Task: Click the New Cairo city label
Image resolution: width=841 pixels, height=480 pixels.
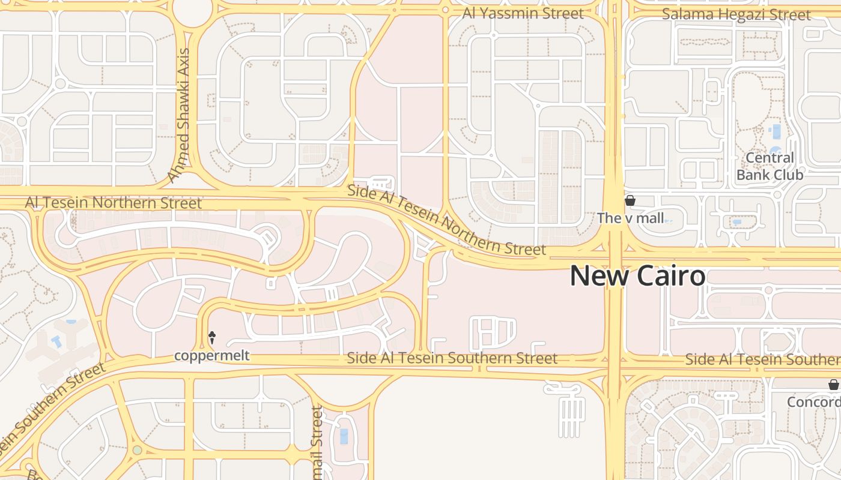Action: [x=637, y=276]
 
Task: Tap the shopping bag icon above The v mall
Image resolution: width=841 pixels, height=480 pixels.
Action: [x=630, y=200]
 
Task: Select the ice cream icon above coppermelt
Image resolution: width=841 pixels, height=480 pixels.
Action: [x=211, y=338]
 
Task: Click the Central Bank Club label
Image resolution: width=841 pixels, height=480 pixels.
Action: [x=770, y=166]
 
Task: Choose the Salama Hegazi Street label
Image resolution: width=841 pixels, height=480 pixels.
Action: [x=736, y=14]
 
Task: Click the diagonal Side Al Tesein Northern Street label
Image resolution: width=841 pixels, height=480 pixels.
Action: [x=446, y=221]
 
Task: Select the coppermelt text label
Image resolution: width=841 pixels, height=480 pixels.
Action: [x=211, y=356]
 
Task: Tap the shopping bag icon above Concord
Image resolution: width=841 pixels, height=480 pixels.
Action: [x=833, y=385]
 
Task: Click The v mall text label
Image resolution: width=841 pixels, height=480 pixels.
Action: [x=630, y=218]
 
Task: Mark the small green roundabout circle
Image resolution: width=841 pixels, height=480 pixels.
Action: [x=138, y=450]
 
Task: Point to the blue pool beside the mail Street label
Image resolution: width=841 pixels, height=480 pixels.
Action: [x=343, y=436]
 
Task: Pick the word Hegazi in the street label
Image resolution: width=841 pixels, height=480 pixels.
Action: [x=738, y=14]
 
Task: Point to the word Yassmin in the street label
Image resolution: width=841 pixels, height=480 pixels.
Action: [x=518, y=13]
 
